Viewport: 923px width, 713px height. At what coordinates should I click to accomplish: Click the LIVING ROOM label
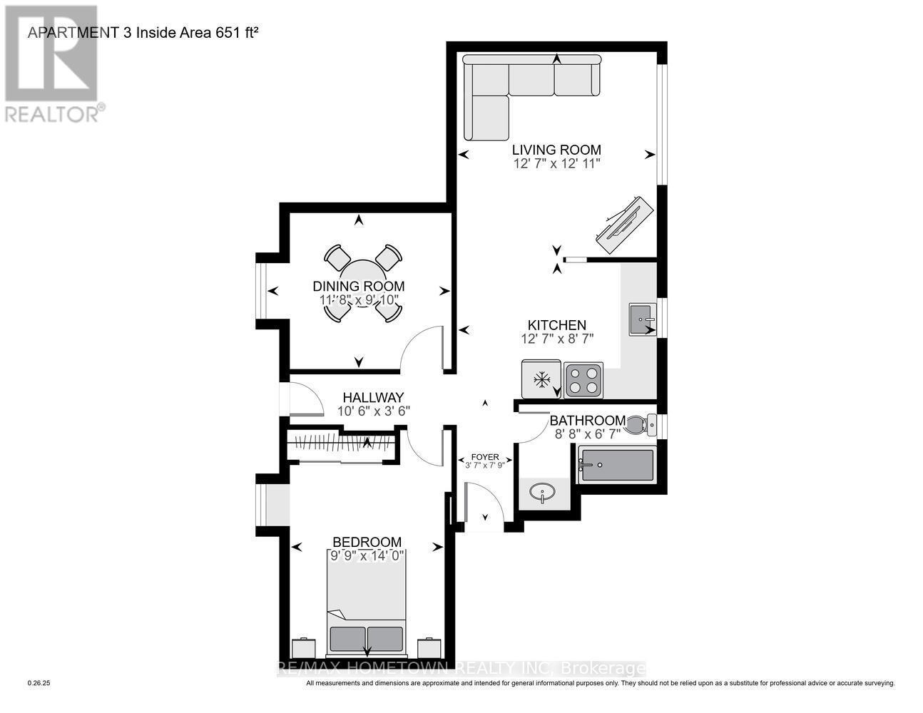[x=556, y=150]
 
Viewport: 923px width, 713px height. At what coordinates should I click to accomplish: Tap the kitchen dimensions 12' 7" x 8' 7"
[x=557, y=339]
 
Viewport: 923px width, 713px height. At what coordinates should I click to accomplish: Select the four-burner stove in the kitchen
[x=583, y=380]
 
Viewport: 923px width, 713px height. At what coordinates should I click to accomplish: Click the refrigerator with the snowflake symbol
[x=541, y=379]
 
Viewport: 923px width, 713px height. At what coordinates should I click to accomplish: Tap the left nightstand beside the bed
[x=302, y=648]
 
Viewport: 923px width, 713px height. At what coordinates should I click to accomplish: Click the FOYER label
[x=485, y=457]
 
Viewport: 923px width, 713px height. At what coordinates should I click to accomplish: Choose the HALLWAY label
[x=373, y=397]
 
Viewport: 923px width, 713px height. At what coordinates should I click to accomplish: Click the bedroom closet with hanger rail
[x=341, y=447]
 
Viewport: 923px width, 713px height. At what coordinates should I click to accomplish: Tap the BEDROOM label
[x=366, y=542]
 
